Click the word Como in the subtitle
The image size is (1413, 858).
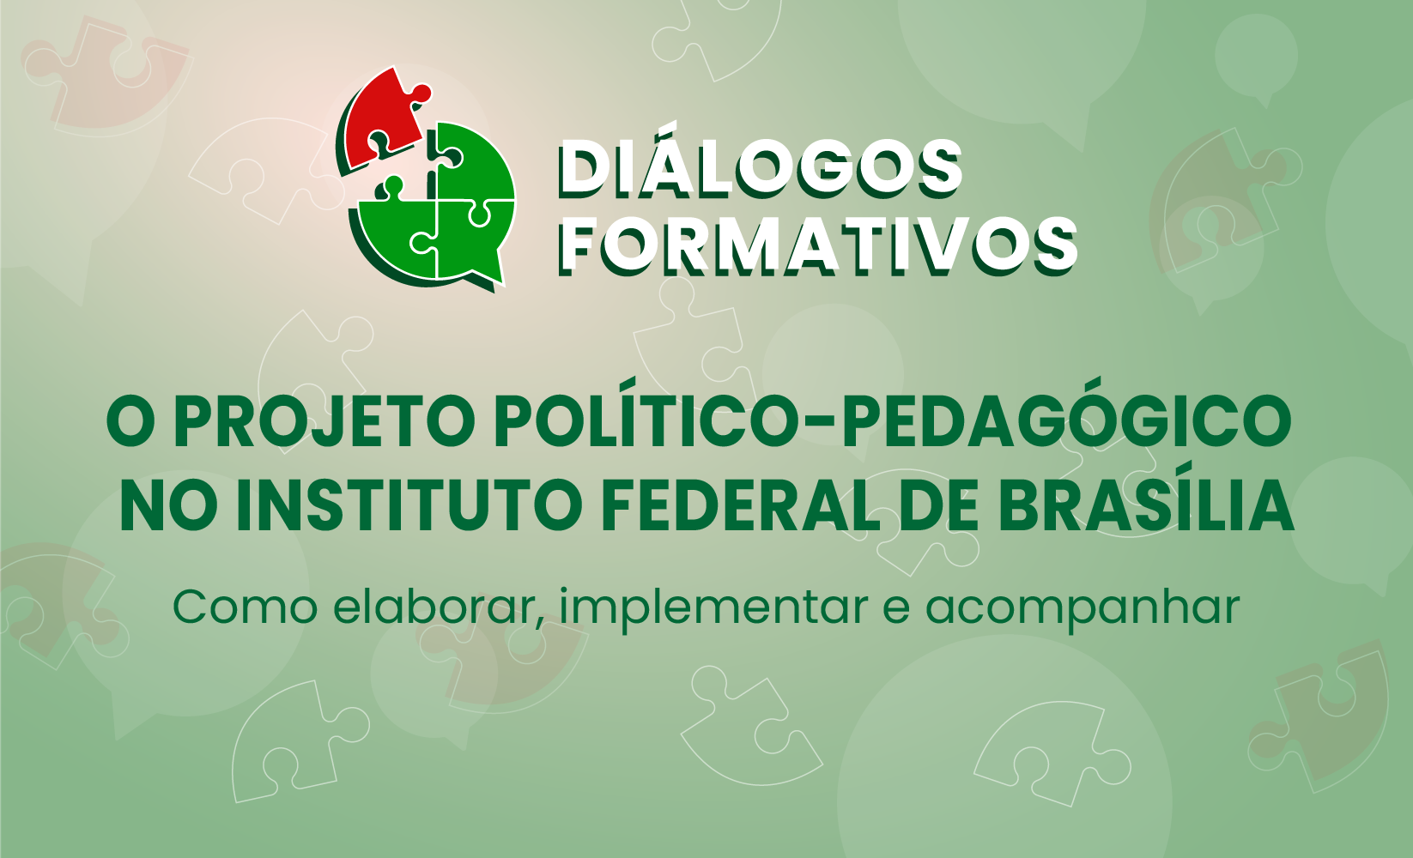coord(246,607)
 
